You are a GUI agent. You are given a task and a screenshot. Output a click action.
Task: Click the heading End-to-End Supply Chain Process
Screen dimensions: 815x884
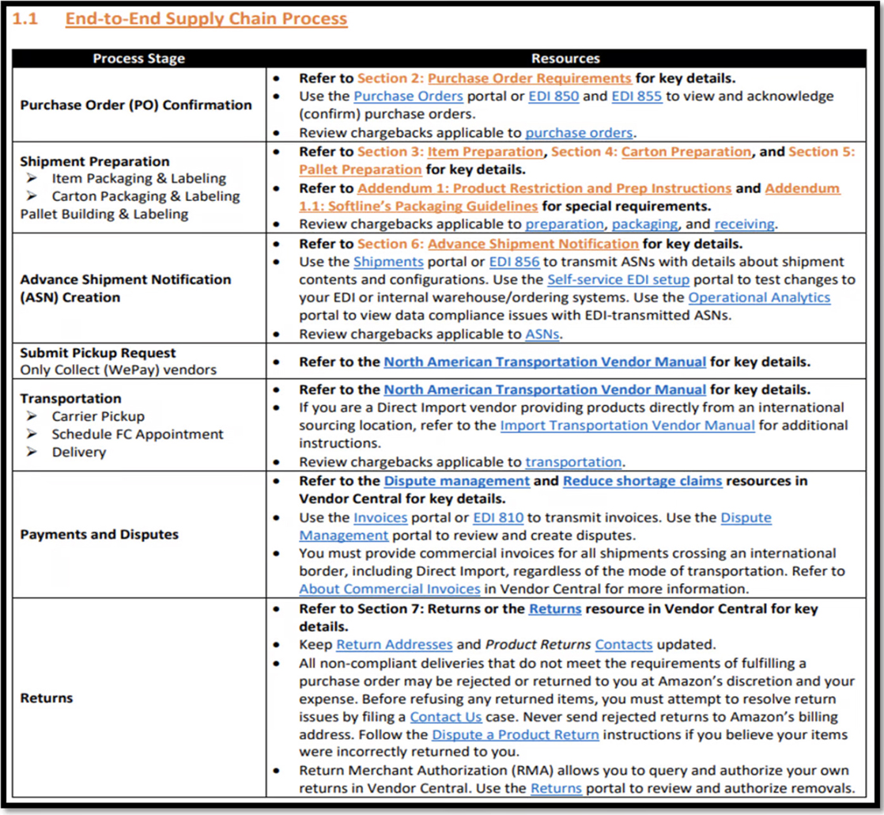tap(206, 19)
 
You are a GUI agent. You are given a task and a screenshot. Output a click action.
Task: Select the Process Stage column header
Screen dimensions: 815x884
tap(138, 59)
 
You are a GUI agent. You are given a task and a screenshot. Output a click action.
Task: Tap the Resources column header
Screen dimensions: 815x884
tap(565, 59)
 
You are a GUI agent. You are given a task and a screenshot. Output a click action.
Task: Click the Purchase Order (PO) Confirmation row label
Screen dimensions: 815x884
tap(136, 105)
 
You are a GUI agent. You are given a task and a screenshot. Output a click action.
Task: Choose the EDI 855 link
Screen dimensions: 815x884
tap(638, 97)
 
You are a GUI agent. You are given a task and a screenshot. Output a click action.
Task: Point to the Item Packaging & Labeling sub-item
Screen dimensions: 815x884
tap(138, 179)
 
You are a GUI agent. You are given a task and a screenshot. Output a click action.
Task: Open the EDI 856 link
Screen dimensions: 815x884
tap(515, 262)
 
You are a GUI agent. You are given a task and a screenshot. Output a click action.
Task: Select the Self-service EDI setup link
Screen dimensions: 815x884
tap(618, 280)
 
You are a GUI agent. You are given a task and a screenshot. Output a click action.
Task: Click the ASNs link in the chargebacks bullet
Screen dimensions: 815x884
tap(542, 335)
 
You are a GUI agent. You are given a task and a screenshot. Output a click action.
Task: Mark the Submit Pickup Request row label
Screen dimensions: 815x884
tap(98, 353)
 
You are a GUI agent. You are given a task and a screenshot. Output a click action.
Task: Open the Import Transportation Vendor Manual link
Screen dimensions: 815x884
tap(627, 426)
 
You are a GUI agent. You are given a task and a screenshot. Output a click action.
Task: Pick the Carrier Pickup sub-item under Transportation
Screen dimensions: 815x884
tap(98, 416)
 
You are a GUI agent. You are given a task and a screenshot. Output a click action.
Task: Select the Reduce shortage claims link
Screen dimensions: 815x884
tap(642, 481)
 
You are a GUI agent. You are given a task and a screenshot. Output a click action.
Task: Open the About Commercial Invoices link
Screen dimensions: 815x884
tap(390, 589)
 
